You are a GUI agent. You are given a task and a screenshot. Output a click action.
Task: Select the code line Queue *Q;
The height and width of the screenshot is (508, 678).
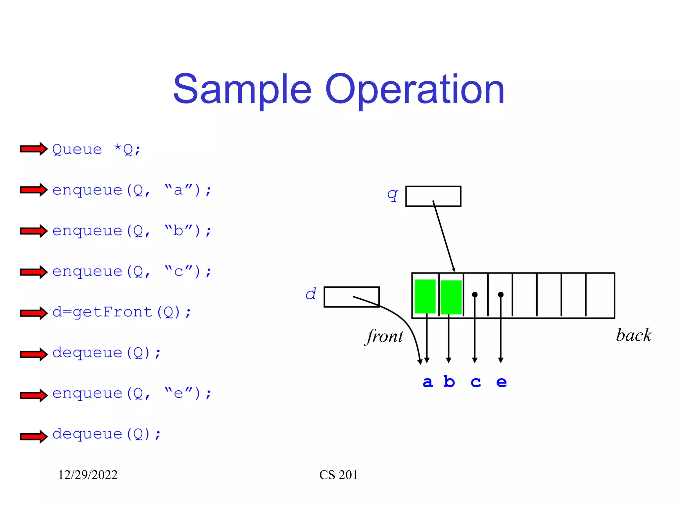[x=97, y=149]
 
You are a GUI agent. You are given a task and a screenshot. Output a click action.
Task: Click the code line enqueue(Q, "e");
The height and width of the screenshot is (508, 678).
[x=132, y=394]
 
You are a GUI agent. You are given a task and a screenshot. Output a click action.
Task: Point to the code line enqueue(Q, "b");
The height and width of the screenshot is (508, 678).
[x=132, y=231]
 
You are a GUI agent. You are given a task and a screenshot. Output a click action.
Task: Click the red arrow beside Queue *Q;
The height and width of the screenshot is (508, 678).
[x=33, y=149]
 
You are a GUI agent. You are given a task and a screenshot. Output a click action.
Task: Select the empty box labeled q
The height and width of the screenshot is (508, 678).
[x=433, y=196]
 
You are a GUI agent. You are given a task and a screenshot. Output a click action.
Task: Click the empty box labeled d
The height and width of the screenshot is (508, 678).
[x=351, y=297]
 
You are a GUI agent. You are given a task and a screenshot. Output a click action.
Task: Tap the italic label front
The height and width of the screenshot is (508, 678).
[x=384, y=337]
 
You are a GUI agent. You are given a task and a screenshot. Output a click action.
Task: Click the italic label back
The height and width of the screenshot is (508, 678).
[x=633, y=335]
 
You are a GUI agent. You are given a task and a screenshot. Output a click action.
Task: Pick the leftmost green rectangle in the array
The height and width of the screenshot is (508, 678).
[x=425, y=296]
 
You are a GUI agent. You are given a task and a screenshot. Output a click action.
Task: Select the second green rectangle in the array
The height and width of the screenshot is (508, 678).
[x=451, y=297]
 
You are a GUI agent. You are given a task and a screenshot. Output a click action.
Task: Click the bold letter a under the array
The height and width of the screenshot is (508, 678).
[x=427, y=382]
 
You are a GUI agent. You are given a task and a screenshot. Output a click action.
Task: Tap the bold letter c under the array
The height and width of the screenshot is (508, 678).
[x=475, y=382]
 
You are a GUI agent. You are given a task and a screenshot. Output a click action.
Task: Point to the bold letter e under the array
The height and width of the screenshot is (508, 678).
[x=501, y=382]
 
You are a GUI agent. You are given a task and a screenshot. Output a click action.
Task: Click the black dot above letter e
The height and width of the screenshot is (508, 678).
[x=501, y=294]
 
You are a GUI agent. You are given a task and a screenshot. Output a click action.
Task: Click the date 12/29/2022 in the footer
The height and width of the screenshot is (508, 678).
[x=88, y=475]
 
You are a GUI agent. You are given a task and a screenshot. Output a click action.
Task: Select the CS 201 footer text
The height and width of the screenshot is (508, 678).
[x=338, y=475]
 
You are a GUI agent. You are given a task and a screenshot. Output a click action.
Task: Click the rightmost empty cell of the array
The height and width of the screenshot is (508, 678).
[x=600, y=295]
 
